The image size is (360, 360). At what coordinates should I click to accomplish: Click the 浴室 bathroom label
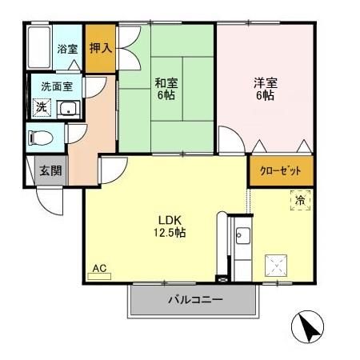point(66,49)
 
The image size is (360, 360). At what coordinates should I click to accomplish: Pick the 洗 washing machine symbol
point(39,106)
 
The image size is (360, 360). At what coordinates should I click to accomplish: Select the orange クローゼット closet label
point(280,170)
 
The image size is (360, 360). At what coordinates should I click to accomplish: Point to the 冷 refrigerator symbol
point(299,200)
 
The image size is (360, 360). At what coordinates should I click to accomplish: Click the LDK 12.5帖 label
point(167,226)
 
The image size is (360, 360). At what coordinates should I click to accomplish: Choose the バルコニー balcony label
point(195,302)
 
